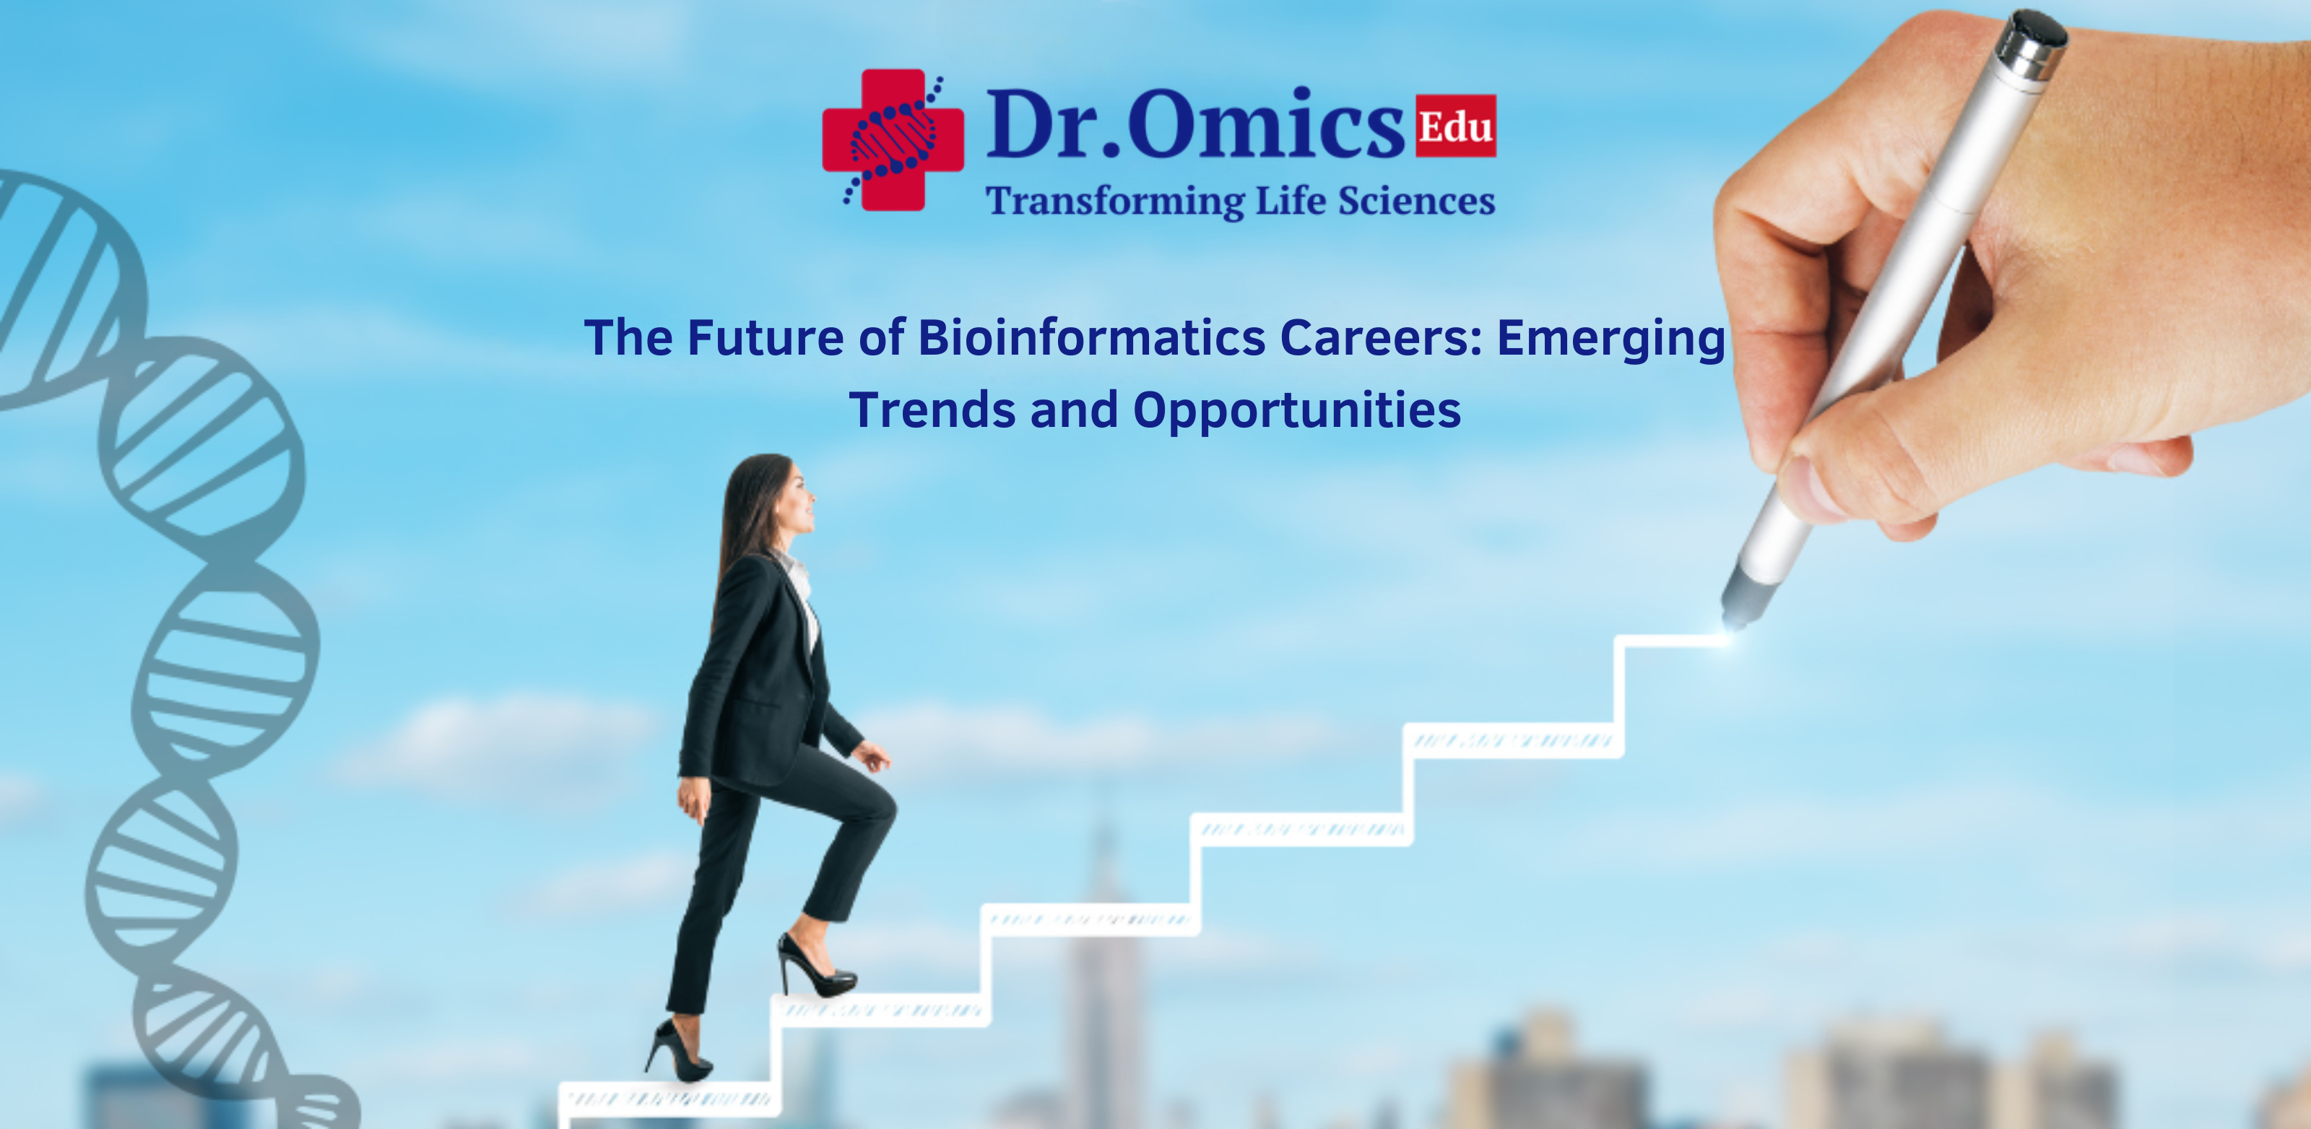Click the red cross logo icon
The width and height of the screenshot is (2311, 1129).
click(892, 140)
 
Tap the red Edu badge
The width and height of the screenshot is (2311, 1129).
click(1455, 126)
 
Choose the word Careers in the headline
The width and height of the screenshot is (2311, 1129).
click(1382, 338)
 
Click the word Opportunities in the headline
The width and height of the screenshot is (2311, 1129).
click(1296, 412)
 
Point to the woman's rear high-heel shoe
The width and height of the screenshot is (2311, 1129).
click(680, 1054)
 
